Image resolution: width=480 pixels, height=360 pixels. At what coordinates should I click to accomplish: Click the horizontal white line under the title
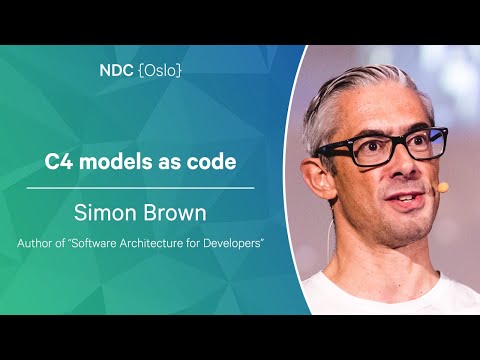click(x=149, y=187)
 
